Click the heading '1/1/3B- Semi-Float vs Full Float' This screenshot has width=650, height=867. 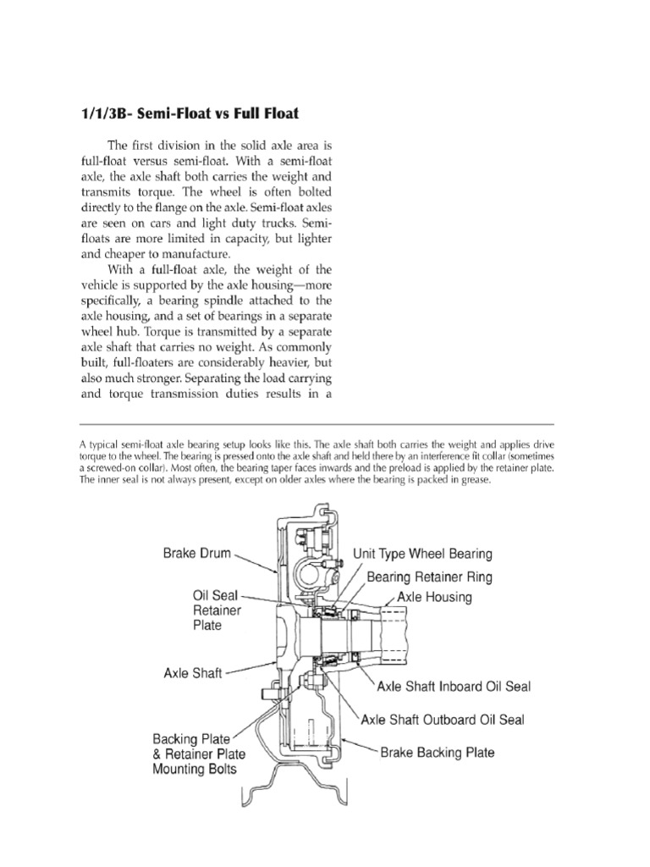click(x=189, y=113)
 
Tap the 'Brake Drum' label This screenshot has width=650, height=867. click(x=197, y=555)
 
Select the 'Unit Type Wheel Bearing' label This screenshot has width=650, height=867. click(x=422, y=555)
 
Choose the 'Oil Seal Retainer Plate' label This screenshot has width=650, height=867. click(x=218, y=610)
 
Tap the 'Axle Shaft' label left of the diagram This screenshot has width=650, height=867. click(x=193, y=674)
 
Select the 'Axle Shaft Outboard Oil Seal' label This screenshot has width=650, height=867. click(x=443, y=720)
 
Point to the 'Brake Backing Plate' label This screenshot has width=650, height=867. click(x=438, y=752)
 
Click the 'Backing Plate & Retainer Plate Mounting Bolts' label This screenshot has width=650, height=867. click(x=200, y=754)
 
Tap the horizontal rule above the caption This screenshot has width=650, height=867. click(x=317, y=424)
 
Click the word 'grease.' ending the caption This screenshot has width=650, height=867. click(x=468, y=480)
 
